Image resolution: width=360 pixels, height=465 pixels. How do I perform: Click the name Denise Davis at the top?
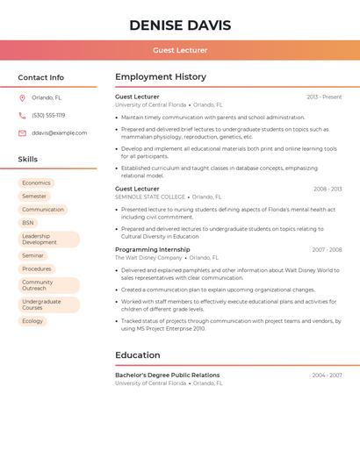click(x=180, y=25)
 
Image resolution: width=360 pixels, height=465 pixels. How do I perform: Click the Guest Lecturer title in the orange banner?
click(x=180, y=50)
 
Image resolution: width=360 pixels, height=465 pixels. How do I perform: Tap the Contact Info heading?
click(x=41, y=77)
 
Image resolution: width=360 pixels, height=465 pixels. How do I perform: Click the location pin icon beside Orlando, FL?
click(x=22, y=98)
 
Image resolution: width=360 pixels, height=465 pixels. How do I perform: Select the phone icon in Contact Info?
click(x=22, y=116)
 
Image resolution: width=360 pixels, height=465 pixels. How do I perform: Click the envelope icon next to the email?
click(x=22, y=133)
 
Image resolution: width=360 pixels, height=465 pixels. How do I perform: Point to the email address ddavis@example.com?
click(x=60, y=133)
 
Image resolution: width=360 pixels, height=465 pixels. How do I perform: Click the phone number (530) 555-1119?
click(x=48, y=116)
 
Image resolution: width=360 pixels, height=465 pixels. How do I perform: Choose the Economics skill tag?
click(x=36, y=183)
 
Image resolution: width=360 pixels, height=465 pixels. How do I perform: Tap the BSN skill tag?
click(x=28, y=223)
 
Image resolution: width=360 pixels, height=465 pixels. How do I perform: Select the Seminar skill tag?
click(x=32, y=255)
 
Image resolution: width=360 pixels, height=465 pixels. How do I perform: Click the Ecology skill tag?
click(x=32, y=321)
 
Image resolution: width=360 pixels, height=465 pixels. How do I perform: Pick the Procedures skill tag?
click(x=37, y=268)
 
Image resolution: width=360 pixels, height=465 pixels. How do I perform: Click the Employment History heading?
click(x=161, y=77)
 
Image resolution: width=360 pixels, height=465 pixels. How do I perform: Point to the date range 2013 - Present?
click(x=324, y=97)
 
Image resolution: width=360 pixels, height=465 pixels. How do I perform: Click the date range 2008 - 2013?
click(x=328, y=189)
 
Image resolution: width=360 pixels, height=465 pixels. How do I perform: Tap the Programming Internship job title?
click(x=152, y=249)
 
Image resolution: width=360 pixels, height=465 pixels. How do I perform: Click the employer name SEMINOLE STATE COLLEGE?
click(x=150, y=197)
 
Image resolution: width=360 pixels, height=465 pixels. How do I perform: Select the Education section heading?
click(x=138, y=355)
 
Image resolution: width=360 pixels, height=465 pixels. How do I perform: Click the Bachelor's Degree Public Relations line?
click(x=167, y=375)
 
